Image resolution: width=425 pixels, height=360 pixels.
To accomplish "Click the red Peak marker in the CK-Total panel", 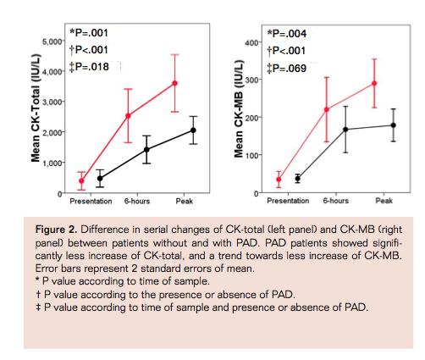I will click(x=174, y=83).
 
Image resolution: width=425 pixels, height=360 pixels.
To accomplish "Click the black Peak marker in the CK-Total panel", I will click(x=193, y=130).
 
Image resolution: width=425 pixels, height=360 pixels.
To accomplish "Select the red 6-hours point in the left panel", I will click(x=128, y=115).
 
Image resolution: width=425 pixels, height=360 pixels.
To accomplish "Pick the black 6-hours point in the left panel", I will click(x=146, y=149).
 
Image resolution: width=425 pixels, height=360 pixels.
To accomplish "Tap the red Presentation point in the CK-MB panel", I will click(x=279, y=180).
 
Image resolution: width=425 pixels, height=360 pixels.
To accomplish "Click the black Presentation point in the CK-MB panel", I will click(x=297, y=179).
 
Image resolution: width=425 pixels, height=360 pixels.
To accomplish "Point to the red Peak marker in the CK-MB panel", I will click(x=373, y=83).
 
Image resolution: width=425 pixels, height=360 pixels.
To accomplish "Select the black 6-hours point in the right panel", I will click(x=345, y=130).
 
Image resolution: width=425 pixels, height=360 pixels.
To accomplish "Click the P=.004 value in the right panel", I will click(x=292, y=35).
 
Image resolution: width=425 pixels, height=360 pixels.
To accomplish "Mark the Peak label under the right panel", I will click(x=383, y=201).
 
